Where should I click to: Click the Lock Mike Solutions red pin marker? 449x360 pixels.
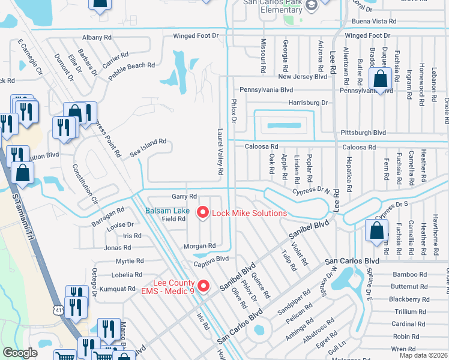point(202,212)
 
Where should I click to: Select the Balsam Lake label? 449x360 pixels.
point(167,211)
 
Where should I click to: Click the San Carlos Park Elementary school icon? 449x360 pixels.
point(311,6)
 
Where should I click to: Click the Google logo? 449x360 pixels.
point(20,353)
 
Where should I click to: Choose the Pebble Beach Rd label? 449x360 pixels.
point(131,71)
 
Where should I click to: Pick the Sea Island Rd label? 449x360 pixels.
point(148,148)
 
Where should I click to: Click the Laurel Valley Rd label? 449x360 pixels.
point(221,155)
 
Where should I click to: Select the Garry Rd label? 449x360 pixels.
point(184,196)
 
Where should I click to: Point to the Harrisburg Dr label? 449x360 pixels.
point(308,103)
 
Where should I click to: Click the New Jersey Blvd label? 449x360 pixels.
point(302,77)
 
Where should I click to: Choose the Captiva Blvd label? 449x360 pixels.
point(211,259)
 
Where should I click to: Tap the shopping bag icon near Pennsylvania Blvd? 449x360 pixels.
point(381,78)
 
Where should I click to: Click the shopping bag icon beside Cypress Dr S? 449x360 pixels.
point(376,231)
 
